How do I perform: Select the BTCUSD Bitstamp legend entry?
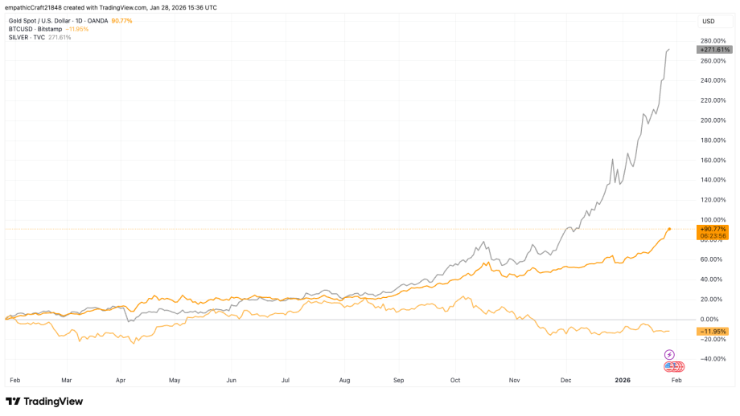click(x=36, y=29)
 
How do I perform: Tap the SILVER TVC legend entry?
click(x=28, y=37)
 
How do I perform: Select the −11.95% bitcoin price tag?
click(x=713, y=331)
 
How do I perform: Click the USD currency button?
click(x=709, y=21)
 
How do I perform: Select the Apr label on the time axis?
click(x=121, y=378)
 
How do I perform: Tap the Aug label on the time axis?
click(x=345, y=378)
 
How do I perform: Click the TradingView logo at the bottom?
click(x=44, y=401)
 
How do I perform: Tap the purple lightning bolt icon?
click(x=669, y=354)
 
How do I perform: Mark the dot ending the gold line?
click(x=669, y=229)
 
